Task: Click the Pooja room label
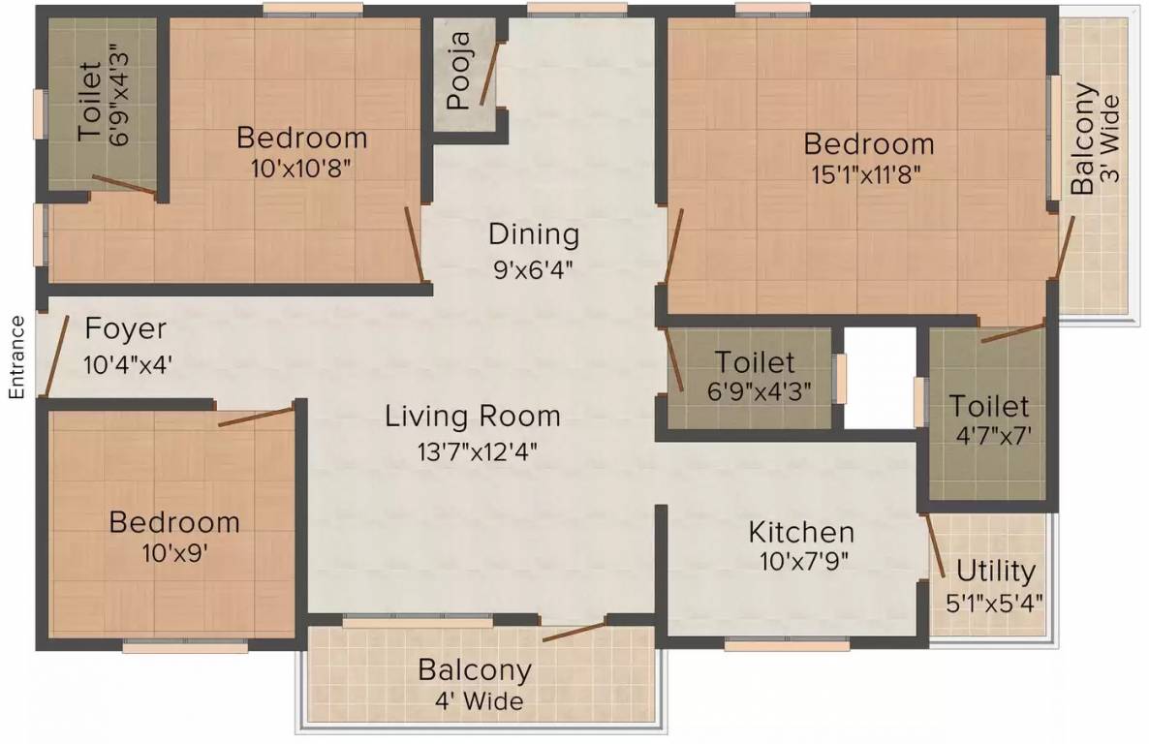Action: coord(459,71)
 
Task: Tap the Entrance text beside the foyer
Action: coord(16,357)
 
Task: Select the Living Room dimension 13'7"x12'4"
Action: coord(478,450)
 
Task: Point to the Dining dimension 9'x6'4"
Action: coord(533,268)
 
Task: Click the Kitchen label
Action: coord(801,532)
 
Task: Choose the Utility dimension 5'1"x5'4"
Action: coord(994,603)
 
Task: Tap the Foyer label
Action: coord(125,328)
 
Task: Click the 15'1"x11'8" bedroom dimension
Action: coord(866,174)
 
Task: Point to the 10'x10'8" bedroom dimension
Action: coord(301,168)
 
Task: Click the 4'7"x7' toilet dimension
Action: coord(993,435)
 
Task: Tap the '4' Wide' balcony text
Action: coord(480,700)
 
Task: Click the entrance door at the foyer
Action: coord(56,355)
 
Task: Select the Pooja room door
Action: coord(489,73)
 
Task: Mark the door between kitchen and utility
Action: coord(936,546)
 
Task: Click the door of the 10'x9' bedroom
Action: coord(256,417)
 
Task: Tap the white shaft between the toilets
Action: coord(880,378)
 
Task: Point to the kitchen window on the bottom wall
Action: coord(787,645)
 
